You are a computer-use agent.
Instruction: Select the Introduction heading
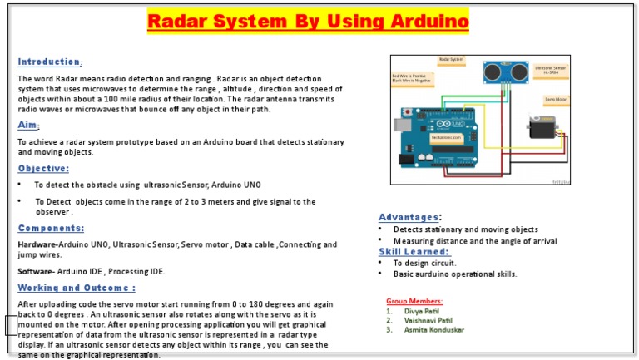pos(48,62)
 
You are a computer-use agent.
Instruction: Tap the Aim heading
pos(27,126)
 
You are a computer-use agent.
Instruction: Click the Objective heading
pos(43,168)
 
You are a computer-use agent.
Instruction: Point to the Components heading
pos(51,228)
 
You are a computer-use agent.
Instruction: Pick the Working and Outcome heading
pos(77,288)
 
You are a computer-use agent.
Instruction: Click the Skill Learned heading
pos(413,251)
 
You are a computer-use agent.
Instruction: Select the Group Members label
pos(414,301)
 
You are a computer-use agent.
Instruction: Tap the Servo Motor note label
pos(557,99)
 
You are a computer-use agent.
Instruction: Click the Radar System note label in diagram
pos(452,60)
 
